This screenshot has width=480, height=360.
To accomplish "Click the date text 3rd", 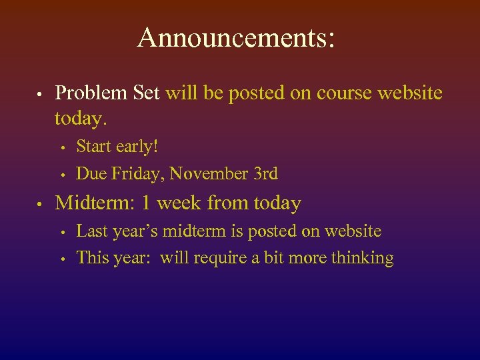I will (265, 174).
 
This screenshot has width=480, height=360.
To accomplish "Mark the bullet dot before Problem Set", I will (41, 94).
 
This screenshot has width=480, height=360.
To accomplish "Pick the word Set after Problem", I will (147, 93).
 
